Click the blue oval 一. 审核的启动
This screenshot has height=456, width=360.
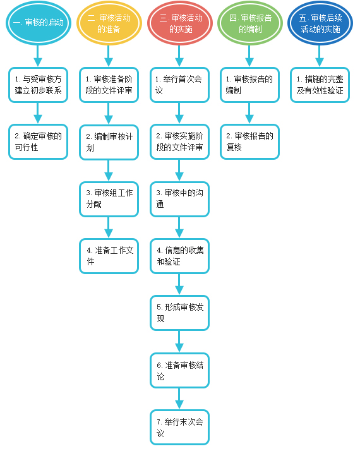(x=39, y=23)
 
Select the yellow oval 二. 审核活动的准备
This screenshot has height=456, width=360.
(x=109, y=23)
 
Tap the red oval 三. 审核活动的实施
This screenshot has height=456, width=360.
(x=180, y=23)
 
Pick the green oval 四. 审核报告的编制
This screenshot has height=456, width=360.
(x=250, y=23)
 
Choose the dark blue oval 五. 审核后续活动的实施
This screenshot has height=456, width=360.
(x=320, y=23)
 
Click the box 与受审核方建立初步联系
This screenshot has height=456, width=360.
(x=38, y=85)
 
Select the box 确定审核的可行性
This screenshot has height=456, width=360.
(x=38, y=141)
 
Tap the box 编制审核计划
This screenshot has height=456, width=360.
(x=109, y=142)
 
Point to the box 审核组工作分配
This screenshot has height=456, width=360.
(x=109, y=199)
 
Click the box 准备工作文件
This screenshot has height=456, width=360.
(x=109, y=256)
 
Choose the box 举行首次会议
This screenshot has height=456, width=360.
(x=180, y=85)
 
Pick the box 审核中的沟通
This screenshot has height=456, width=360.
(x=180, y=199)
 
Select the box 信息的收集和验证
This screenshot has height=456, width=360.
(x=180, y=256)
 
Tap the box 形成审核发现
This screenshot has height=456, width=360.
(x=180, y=313)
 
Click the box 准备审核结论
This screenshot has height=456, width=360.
(x=180, y=370)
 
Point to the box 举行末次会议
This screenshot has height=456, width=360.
(x=180, y=427)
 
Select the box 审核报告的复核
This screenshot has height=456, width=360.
(x=250, y=141)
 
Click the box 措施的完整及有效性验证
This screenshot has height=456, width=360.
(x=320, y=85)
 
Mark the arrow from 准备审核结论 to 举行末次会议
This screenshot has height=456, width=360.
(x=179, y=399)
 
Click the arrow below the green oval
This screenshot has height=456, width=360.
(x=249, y=56)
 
